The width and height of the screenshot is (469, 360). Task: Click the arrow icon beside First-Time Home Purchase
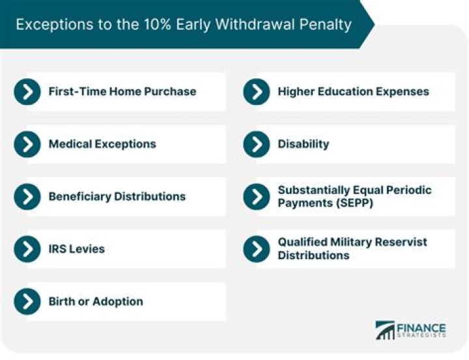tap(27, 92)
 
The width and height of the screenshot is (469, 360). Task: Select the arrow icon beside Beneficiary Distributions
tap(27, 197)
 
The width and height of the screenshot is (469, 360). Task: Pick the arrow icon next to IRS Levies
tap(27, 249)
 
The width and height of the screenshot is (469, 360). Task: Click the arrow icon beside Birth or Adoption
tap(27, 301)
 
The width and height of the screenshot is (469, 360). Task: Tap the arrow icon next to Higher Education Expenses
tap(257, 92)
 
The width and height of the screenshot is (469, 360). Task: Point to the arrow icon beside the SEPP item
tap(257, 197)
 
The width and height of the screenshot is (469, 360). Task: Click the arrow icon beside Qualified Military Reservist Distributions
tap(257, 249)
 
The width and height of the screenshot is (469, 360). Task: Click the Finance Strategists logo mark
tap(386, 330)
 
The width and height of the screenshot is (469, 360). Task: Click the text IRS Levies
tap(76, 249)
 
